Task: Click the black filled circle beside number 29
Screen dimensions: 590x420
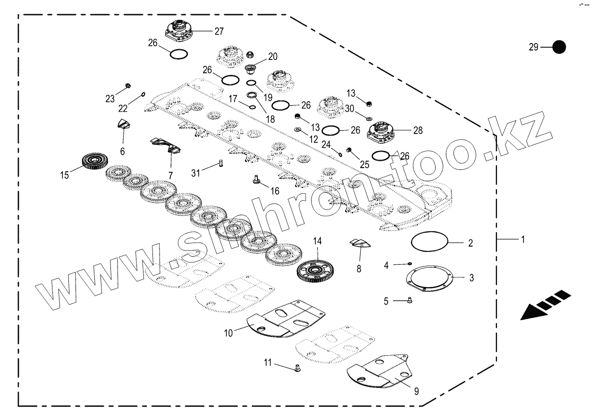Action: (559, 47)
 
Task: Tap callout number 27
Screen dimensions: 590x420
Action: (219, 32)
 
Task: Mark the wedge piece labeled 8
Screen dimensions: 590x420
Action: (361, 244)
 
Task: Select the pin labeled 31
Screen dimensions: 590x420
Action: (219, 163)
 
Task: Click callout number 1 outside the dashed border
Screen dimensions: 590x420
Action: (523, 240)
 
